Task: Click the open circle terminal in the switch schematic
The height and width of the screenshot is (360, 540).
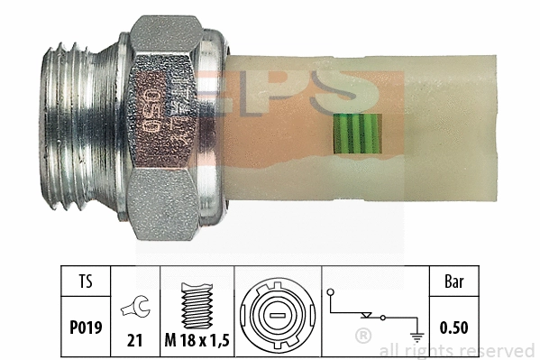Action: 332,292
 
